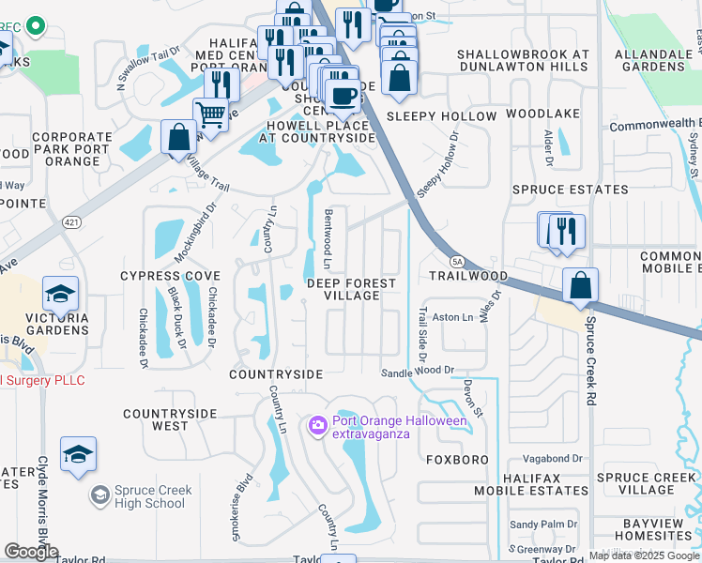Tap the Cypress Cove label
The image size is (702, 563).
(x=170, y=276)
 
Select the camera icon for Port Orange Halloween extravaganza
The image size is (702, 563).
(x=317, y=427)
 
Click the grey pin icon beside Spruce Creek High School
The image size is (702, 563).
(x=99, y=495)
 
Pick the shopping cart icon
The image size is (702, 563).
(x=211, y=114)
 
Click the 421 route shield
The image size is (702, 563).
(x=71, y=222)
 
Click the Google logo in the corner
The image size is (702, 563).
(x=31, y=551)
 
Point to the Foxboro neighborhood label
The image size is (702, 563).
(x=457, y=460)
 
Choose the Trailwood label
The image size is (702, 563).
(x=468, y=277)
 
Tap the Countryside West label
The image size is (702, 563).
(x=170, y=419)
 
